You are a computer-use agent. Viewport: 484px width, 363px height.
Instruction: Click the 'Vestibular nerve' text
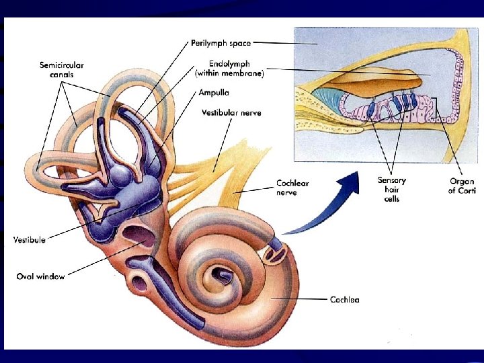tap(231, 113)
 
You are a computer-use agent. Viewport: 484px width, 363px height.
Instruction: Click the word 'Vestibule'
tap(30, 239)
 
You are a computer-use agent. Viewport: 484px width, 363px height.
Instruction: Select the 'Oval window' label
tap(40, 276)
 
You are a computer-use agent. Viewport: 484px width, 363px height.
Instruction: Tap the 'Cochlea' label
tap(344, 299)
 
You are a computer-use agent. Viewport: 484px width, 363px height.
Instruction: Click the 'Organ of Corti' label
tap(462, 186)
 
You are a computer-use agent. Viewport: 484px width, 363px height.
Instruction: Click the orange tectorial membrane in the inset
tap(376, 81)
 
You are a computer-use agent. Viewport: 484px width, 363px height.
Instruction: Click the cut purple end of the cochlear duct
tap(276, 252)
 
